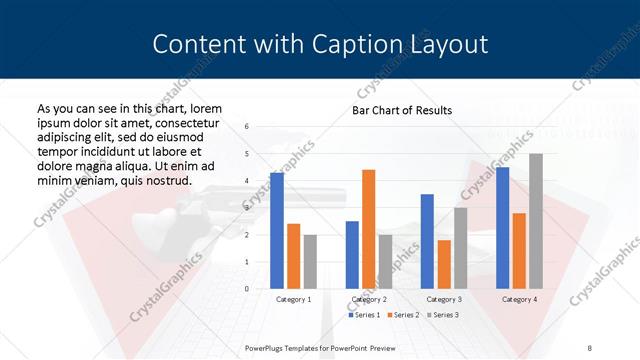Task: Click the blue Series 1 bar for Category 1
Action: (277, 231)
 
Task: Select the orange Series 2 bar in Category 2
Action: (368, 229)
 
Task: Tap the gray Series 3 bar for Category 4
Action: (536, 221)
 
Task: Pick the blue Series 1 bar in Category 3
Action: (427, 241)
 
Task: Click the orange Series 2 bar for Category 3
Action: (444, 264)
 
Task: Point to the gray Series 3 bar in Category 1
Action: (310, 262)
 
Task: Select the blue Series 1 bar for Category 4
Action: (502, 228)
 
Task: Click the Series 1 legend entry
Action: (365, 315)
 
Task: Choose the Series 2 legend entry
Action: (403, 315)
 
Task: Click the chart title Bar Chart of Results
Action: (401, 110)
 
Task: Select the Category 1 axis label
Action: (293, 299)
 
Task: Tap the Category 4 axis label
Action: (519, 299)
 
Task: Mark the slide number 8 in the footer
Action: (589, 346)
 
